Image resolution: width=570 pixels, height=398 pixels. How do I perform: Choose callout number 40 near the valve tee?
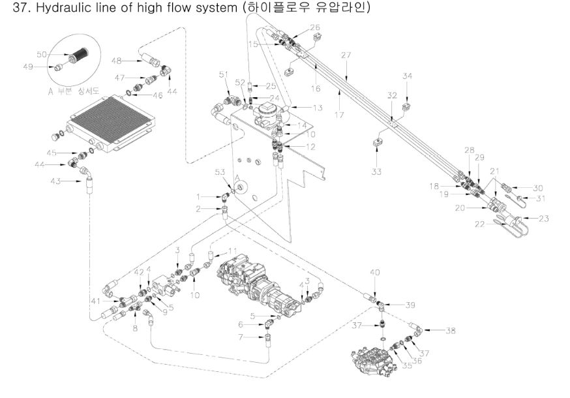pyautogui.click(x=374, y=271)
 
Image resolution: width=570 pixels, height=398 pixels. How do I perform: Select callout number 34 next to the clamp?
pyautogui.click(x=408, y=77)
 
